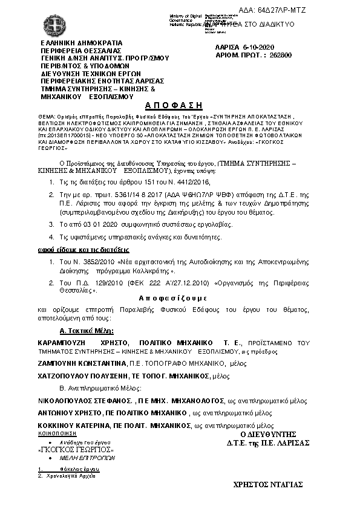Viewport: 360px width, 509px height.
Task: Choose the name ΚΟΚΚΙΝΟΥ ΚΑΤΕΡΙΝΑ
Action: pyautogui.click(x=76, y=426)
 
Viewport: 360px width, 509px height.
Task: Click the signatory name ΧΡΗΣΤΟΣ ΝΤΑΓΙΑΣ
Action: pyautogui.click(x=268, y=484)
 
